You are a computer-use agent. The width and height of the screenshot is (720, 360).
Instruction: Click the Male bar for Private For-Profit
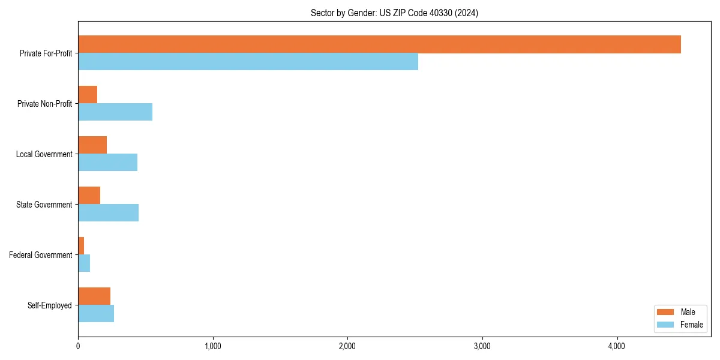coord(379,44)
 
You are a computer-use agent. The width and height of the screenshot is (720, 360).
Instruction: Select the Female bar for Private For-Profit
coord(248,62)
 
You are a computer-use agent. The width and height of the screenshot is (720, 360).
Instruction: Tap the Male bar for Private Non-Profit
coord(88,95)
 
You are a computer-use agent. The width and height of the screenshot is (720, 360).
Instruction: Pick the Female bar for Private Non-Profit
coord(115,112)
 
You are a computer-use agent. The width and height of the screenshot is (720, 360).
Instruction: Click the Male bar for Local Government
coord(92,145)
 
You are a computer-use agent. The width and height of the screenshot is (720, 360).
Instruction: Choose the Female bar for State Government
coord(108,213)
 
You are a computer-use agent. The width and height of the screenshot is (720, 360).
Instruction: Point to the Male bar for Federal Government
coord(81,246)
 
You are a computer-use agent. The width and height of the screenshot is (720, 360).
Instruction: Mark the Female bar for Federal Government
coord(84,263)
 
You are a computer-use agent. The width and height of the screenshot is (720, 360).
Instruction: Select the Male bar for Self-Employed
coord(94,296)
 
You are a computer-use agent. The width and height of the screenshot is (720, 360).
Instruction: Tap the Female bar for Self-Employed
coord(96,314)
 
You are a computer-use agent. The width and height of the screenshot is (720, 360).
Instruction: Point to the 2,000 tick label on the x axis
coord(347,346)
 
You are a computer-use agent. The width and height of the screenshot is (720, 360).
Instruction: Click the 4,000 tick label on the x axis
coord(617,346)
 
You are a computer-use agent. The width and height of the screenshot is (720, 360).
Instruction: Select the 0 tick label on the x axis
coord(78,346)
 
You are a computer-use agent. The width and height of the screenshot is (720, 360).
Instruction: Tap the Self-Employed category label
coord(50,305)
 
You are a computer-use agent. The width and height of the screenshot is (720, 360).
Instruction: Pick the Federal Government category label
coord(41,255)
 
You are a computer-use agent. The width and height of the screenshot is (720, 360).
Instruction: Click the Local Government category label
coord(44,154)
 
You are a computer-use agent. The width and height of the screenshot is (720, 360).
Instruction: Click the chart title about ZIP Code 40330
coord(394,13)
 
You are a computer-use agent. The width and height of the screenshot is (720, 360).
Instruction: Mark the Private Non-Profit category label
coord(45,104)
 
